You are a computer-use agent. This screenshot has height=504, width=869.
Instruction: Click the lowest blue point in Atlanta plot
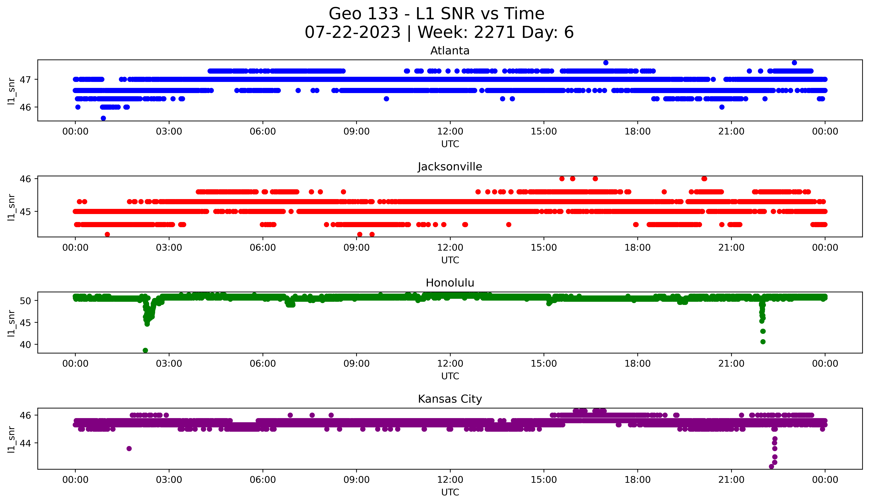[103, 118]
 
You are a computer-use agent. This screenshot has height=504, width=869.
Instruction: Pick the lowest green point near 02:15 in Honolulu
[145, 350]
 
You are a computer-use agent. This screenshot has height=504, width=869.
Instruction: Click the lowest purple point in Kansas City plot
[771, 466]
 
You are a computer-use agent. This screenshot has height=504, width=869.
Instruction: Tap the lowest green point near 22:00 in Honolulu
[763, 342]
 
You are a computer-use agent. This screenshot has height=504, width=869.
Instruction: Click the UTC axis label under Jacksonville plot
[450, 260]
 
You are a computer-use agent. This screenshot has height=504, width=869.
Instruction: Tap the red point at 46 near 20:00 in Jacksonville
[704, 178]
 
